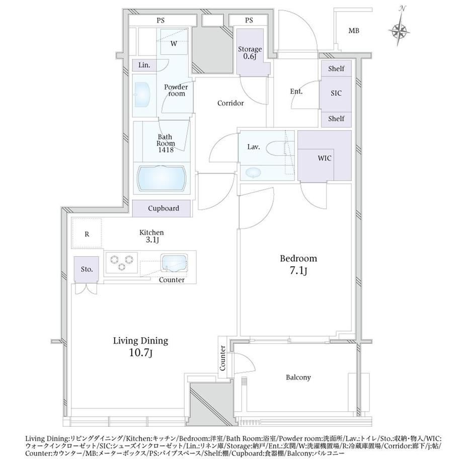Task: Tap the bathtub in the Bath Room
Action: (x=162, y=178)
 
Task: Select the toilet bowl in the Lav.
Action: (x=276, y=148)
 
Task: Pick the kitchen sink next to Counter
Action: (x=174, y=262)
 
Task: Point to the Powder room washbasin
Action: (x=142, y=94)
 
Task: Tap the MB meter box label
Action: (x=353, y=30)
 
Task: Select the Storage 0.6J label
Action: (x=250, y=52)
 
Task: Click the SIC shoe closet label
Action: (x=336, y=93)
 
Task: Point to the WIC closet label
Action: (x=324, y=158)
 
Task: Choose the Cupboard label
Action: (x=163, y=208)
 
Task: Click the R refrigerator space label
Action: (x=87, y=234)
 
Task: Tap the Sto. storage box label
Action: (x=87, y=269)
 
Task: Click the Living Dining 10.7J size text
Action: (x=140, y=353)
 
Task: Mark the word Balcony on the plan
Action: (x=298, y=377)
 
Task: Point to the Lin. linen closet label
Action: (x=144, y=65)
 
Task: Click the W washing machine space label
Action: (x=174, y=44)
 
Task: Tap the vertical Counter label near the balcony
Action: (x=222, y=358)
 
